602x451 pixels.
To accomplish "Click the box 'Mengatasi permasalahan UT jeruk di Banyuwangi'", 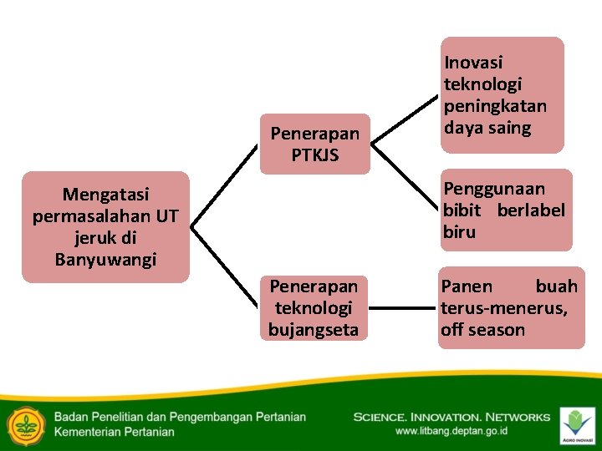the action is pyautogui.click(x=105, y=227).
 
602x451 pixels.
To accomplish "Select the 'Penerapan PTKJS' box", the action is pyautogui.click(x=314, y=144).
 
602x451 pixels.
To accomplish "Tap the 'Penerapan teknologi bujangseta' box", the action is pyautogui.click(x=314, y=308).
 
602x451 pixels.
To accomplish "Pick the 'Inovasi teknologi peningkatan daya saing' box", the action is pyautogui.click(x=502, y=94).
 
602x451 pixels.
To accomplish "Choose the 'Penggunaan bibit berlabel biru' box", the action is pyautogui.click(x=507, y=210).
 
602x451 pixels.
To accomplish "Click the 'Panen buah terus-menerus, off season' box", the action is pyautogui.click(x=511, y=307).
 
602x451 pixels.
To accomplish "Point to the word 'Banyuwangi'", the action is pyautogui.click(x=105, y=260).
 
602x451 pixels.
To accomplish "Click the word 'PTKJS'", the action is pyautogui.click(x=315, y=155).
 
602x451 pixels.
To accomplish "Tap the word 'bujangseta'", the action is pyautogui.click(x=314, y=330).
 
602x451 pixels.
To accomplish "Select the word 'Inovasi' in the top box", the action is pyautogui.click(x=473, y=63).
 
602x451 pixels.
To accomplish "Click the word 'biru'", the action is pyautogui.click(x=459, y=232).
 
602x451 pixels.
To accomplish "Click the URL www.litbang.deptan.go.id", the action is pyautogui.click(x=451, y=432).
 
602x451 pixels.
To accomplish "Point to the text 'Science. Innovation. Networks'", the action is pyautogui.click(x=451, y=417).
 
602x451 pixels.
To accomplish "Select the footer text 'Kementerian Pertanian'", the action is pyautogui.click(x=115, y=432).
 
